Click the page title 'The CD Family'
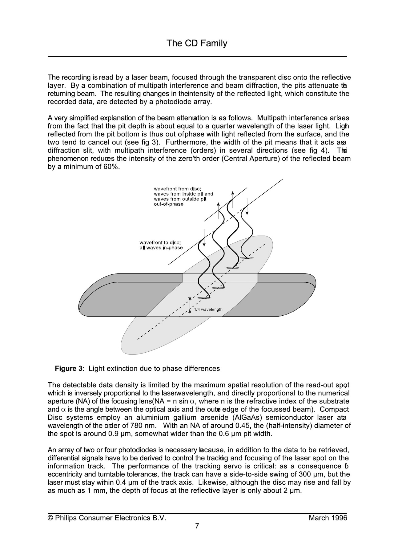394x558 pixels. click(197, 43)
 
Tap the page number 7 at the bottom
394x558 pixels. click(197, 526)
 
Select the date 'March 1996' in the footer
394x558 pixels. click(328, 518)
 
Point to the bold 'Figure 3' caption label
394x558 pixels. click(69, 369)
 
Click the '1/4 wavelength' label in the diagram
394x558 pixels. click(208, 309)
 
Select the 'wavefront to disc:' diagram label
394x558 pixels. click(160, 243)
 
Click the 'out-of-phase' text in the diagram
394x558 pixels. click(168, 204)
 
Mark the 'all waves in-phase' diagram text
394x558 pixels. click(161, 248)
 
